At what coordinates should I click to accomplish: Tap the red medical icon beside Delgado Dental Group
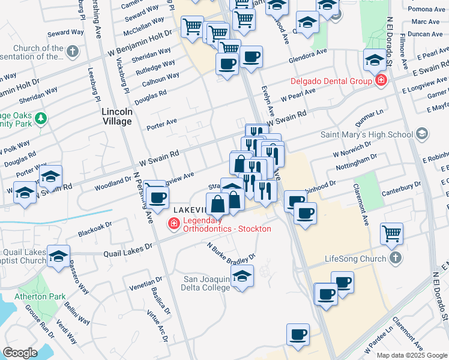click(380, 80)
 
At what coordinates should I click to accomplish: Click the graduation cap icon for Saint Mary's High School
click(422, 133)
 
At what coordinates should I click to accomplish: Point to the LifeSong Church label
click(355, 259)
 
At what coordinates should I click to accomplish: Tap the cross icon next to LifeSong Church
click(395, 259)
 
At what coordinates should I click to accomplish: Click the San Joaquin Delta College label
click(206, 283)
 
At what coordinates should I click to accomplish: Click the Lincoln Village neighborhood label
click(116, 116)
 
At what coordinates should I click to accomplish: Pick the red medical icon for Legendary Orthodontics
click(173, 224)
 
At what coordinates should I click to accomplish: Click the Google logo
click(20, 352)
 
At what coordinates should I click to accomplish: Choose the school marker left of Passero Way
click(59, 255)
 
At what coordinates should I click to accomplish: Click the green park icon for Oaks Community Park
click(40, 118)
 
